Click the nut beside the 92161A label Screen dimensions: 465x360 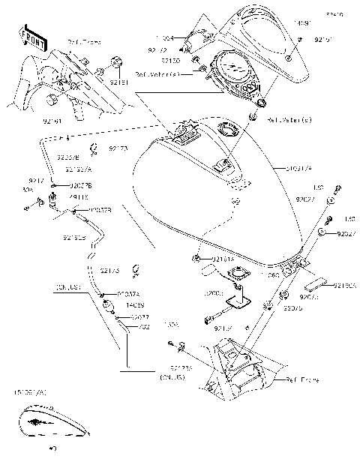196,259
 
